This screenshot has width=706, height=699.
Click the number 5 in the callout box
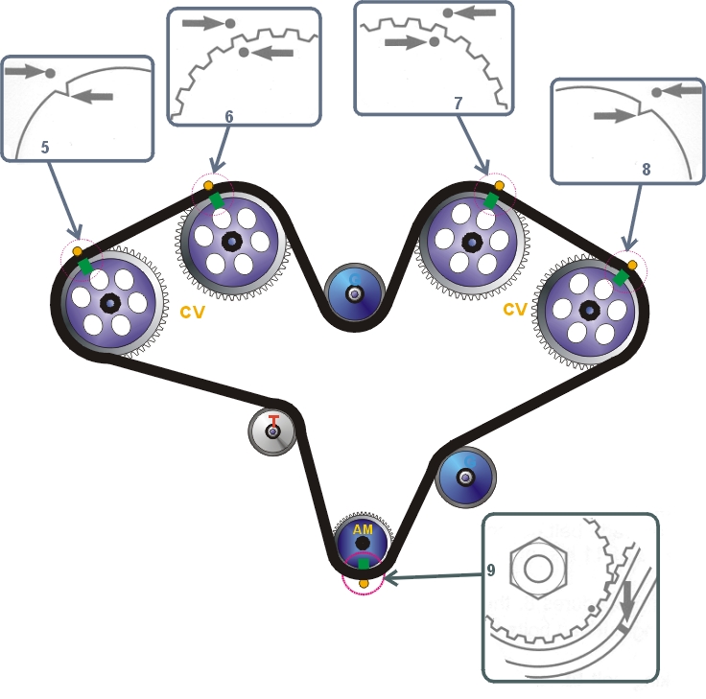coord(45,148)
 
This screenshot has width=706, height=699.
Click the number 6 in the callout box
coord(229,116)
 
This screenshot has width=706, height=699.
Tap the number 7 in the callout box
coord(459,103)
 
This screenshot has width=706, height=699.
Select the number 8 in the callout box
coord(646,169)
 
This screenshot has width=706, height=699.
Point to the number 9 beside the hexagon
coord(491,570)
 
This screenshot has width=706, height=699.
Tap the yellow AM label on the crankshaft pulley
coord(363,529)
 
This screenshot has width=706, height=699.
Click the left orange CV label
coord(192,312)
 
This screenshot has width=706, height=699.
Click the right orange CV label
coord(515,310)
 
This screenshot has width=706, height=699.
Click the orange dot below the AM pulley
coord(364,583)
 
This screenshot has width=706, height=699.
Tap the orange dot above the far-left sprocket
coord(78,251)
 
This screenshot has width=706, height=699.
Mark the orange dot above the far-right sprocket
coord(631,264)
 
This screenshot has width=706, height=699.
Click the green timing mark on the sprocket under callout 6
coord(217,199)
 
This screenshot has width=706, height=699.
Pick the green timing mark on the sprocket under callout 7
coord(491,199)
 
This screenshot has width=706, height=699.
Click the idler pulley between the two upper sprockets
coord(354,293)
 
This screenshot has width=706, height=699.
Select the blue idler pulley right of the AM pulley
coord(467,477)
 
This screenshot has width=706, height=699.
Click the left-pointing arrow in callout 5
coord(93,95)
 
